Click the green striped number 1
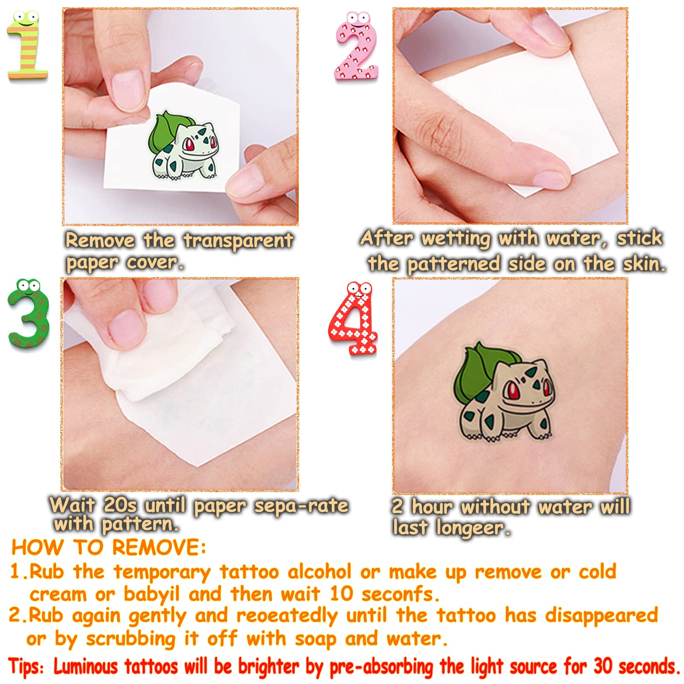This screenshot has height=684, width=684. coord(27,47)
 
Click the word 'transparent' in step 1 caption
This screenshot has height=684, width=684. coord(238,241)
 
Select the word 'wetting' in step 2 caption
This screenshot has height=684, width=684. coord(456,239)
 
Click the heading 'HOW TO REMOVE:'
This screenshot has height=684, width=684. coord(109,548)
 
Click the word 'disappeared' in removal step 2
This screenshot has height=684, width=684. coord(601,616)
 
